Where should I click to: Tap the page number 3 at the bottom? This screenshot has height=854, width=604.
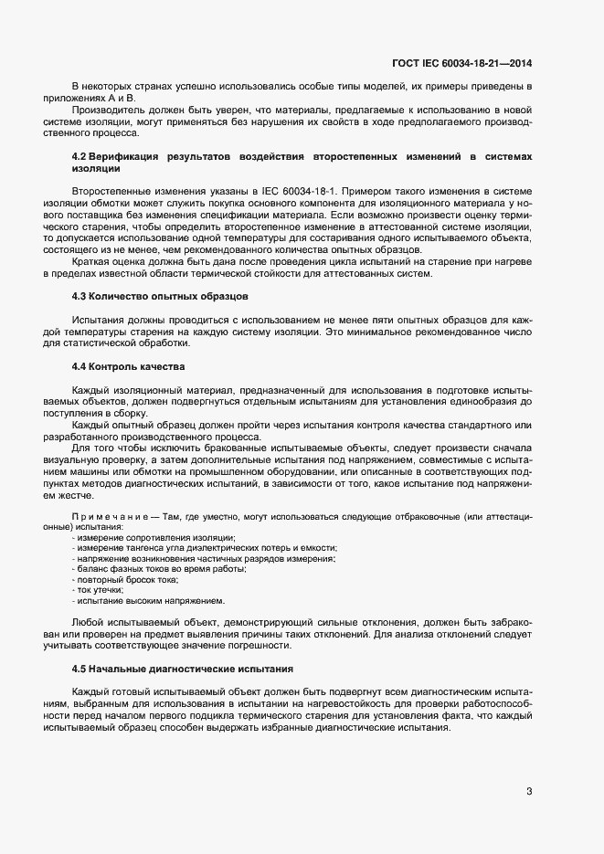tap(529, 791)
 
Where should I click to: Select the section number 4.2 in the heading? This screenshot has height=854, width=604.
tap(79, 158)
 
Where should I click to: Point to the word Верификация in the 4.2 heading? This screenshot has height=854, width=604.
tap(126, 158)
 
